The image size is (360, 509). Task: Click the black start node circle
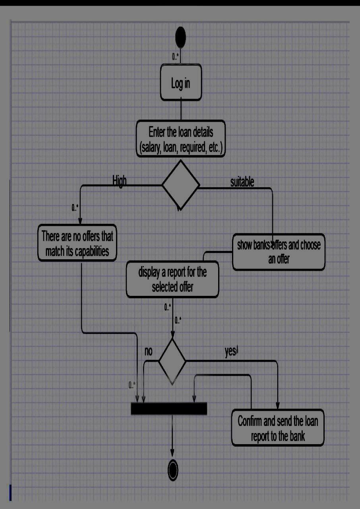tap(181, 37)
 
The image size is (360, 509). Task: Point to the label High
tap(119, 181)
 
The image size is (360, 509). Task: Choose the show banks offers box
tap(279, 252)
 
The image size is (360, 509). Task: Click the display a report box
tap(172, 279)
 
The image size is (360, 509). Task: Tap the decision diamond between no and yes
tap(172, 361)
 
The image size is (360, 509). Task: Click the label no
tap(148, 351)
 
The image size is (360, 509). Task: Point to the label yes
tap(230, 352)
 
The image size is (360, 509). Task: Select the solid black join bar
tap(169, 408)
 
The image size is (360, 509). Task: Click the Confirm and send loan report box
tap(278, 428)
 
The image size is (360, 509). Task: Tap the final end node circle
tap(173, 470)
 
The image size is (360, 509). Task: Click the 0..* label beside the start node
tap(175, 57)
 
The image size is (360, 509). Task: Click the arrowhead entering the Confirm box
tap(277, 405)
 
